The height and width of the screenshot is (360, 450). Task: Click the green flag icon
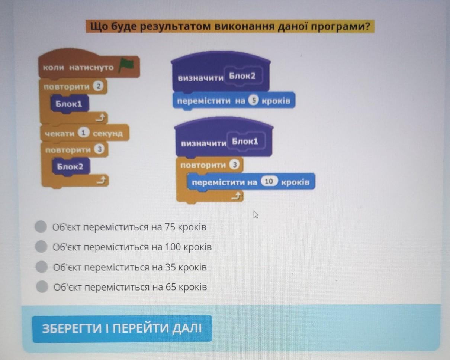(x=126, y=66)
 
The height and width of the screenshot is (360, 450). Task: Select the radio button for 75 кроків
(x=41, y=227)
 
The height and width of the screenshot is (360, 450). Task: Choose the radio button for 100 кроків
(x=41, y=246)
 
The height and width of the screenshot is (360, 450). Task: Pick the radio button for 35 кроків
(x=42, y=267)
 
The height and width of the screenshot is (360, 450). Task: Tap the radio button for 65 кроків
(x=42, y=286)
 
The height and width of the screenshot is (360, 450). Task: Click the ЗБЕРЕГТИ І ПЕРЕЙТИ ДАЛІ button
(x=122, y=329)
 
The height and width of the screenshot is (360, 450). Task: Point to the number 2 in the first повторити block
(x=98, y=87)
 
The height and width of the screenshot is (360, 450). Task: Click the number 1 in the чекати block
(x=84, y=133)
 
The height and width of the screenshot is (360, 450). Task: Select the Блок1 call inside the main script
(x=69, y=104)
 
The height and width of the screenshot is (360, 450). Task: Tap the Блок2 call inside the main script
(x=70, y=167)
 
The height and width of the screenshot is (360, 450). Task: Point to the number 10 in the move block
(x=270, y=182)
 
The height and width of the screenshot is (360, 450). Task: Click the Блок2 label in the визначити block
(x=242, y=76)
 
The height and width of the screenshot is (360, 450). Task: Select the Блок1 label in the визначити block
(x=245, y=142)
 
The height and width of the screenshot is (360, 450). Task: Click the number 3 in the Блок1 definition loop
(x=234, y=165)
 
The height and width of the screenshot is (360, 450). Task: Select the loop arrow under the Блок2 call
(x=101, y=180)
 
